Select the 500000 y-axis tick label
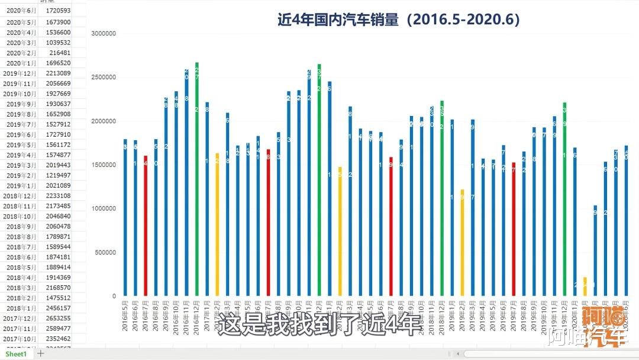pyautogui.click(x=105, y=253)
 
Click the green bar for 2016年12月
pyautogui.click(x=196, y=178)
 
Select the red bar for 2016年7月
pyautogui.click(x=146, y=226)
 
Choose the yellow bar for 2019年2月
pyautogui.click(x=462, y=243)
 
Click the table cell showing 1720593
pyautogui.click(x=58, y=11)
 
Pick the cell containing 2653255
pyautogui.click(x=58, y=318)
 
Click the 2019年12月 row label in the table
pyautogui.click(x=20, y=73)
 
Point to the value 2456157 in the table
pyautogui.click(x=58, y=308)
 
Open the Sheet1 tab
pyautogui.click(x=17, y=353)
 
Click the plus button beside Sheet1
pyautogui.click(x=41, y=353)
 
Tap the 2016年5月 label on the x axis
pyautogui.click(x=125, y=317)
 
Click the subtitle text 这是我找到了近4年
pyautogui.click(x=319, y=325)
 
